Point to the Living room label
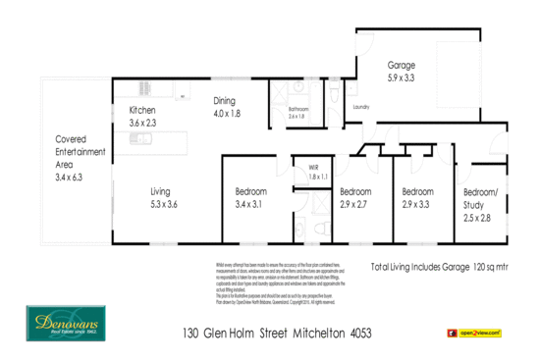tap(162, 191)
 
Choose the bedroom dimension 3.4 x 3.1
tap(249, 205)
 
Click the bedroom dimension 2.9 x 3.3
tap(417, 204)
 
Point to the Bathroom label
tap(297, 109)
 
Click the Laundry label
tap(360, 106)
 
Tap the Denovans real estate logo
tap(64, 325)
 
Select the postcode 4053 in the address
tap(361, 334)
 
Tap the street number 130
tap(192, 334)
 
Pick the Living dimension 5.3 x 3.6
tap(162, 204)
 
